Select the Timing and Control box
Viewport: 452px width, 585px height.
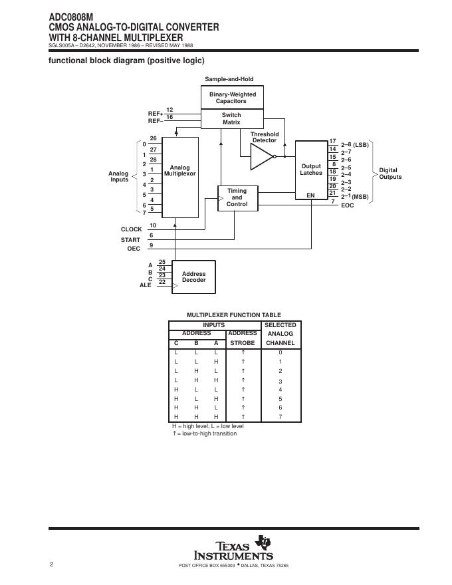coord(237,197)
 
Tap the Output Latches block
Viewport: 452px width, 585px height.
coord(311,170)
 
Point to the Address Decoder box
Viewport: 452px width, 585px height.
coord(193,277)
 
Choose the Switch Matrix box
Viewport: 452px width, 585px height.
coord(231,119)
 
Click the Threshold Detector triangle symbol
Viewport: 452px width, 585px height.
coord(261,157)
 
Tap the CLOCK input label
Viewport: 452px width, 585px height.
coord(131,229)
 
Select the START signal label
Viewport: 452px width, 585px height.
coord(130,239)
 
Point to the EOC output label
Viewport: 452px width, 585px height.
coord(348,205)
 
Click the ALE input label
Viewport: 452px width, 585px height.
coord(145,285)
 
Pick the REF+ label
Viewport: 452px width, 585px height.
coord(155,114)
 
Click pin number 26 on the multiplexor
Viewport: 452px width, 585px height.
coord(153,139)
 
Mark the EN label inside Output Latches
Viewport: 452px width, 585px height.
coord(310,195)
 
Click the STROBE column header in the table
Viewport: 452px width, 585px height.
coord(242,343)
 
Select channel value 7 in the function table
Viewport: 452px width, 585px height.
coord(280,417)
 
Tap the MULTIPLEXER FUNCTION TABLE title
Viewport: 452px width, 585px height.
coord(233,315)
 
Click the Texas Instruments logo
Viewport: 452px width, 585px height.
coord(233,549)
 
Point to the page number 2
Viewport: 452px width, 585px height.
coord(51,564)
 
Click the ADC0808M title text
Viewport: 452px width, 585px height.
coord(70,17)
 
